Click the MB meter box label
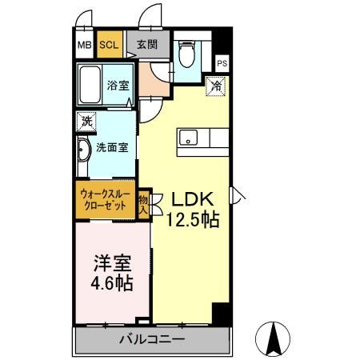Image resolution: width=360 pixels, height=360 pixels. coord(85,45)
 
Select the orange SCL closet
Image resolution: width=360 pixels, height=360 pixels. coord(110,44)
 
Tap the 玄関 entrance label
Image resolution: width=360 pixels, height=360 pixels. coord(147,45)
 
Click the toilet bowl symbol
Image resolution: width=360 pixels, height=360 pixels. coord(186,54)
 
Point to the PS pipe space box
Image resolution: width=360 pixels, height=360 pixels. coord(222,63)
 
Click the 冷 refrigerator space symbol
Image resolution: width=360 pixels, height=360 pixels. coord(217,86)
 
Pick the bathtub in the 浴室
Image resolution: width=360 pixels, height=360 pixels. coord(90,84)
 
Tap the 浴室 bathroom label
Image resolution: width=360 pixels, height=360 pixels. coord(118,86)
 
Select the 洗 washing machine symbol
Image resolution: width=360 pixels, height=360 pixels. coord(86,122)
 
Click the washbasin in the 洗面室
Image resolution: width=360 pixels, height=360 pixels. coord(83,150)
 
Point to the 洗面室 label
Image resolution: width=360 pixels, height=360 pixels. coord(112,147)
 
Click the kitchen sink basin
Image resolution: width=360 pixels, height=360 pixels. coord(188,138)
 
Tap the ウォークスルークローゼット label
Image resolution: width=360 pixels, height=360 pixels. coord(106,199)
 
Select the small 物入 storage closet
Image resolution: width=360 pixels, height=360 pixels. coord(143,204)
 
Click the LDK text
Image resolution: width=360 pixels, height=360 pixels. coord(192,199)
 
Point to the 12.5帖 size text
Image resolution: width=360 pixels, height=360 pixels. coord(193,220)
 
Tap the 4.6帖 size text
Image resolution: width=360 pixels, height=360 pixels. coord(112,283)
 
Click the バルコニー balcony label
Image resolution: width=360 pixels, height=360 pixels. coord(152,339)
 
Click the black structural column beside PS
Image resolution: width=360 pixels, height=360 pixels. coord(222,41)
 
